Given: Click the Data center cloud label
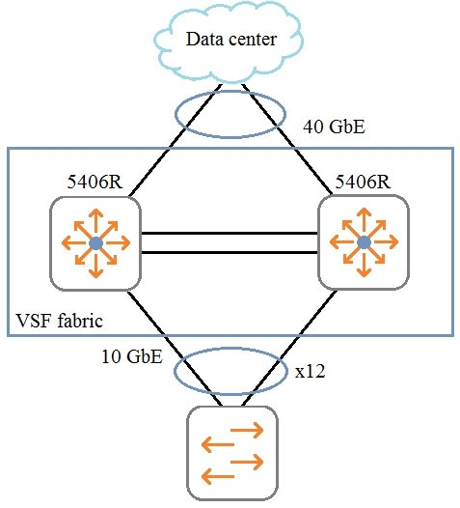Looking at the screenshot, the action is point(231,40).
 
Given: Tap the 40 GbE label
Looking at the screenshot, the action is point(334,127).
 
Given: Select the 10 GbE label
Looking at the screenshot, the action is point(132,356).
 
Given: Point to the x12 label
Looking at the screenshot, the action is point(310,372).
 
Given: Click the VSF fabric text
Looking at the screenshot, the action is point(59,321).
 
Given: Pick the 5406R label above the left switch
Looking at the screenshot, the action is point(95,182).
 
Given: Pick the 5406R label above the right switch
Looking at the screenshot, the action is point(363,182).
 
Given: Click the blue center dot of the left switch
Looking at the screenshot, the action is point(95,243).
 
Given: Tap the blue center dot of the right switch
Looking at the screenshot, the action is point(365,242).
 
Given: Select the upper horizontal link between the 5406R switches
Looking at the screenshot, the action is point(230,233).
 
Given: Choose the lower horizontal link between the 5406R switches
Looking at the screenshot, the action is point(230,252).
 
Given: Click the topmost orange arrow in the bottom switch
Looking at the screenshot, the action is point(247,430).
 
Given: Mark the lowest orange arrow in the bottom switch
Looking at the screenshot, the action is point(218,476).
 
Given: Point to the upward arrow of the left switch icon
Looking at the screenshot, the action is point(95,222).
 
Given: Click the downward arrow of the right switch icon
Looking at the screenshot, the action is point(365,263).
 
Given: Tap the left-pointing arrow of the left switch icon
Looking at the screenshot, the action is point(75,243).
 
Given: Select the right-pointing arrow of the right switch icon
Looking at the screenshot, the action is point(385,242).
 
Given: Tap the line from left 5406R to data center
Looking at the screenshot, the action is point(176,140).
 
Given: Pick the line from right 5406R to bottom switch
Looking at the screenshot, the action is point(289,348).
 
